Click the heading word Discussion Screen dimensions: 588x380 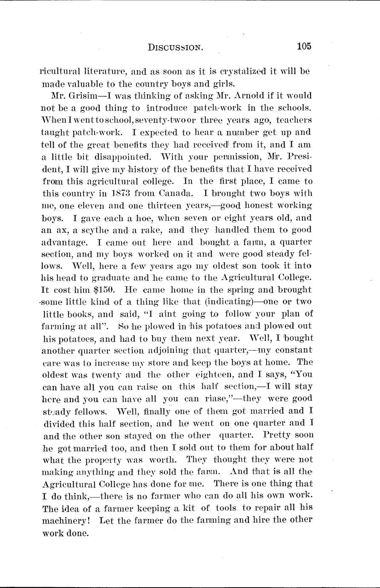pos(175,47)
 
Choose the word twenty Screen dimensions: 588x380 pos(99,375)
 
